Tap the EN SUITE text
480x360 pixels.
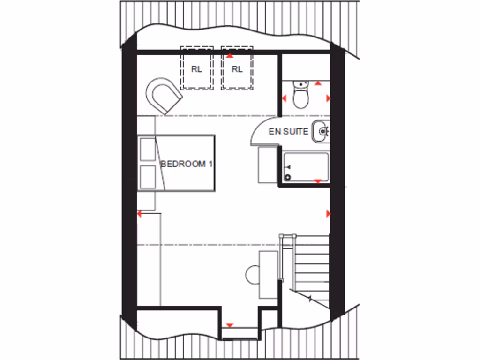pos(288,131)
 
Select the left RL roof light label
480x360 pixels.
pos(196,69)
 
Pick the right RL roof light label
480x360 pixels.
pos(237,69)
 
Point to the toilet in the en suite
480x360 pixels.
pos(300,96)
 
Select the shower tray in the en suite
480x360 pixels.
pos(306,166)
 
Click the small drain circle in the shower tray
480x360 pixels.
pos(288,177)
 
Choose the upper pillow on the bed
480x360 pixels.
pos(148,150)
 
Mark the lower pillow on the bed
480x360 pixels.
pos(148,177)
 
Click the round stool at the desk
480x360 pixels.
pos(253,275)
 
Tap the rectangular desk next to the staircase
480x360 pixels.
pos(269,274)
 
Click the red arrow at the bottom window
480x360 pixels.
pos(230,325)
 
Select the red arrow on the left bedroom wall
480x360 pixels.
pos(139,214)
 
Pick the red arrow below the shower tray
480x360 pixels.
pos(317,181)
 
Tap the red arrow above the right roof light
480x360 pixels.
pos(230,56)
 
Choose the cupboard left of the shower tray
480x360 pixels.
pos(268,164)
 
